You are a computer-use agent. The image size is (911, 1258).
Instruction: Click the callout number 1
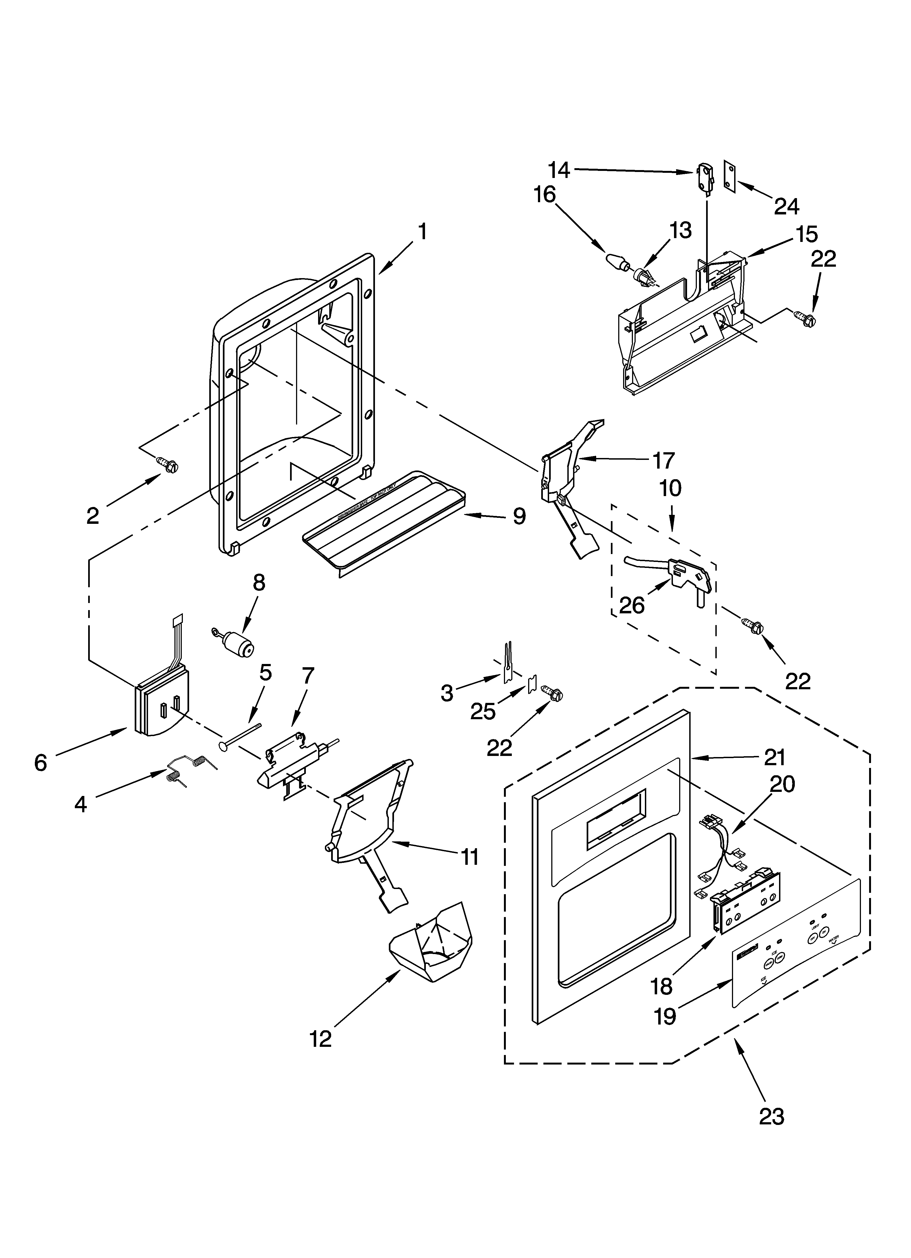(x=422, y=232)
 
